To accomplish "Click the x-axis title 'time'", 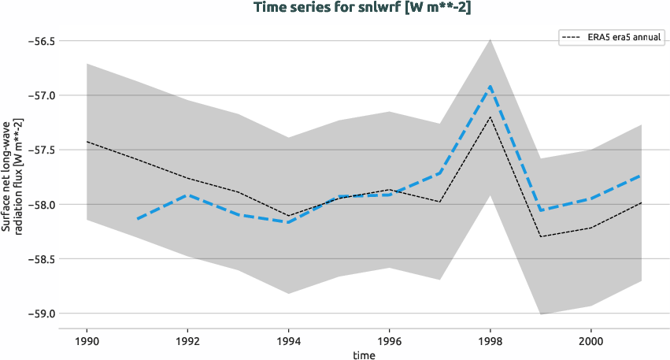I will (364, 354).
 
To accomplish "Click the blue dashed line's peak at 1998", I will (490, 86).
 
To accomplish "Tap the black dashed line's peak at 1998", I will (490, 117).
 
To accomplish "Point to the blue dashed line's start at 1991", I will (137, 219).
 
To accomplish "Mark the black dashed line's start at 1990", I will (87, 142).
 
